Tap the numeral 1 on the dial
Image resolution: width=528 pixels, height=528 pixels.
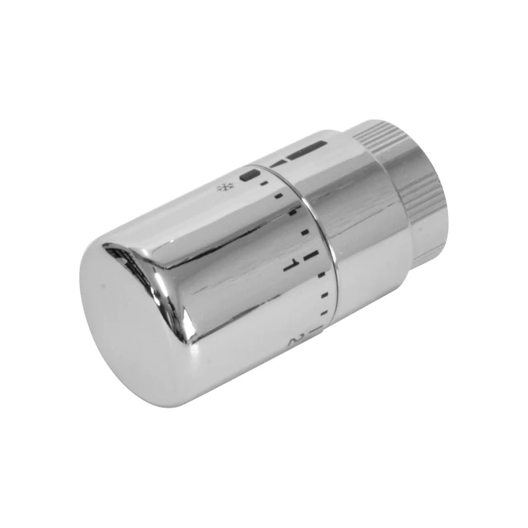coord(288,265)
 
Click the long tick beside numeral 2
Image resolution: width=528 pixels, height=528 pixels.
coord(319,327)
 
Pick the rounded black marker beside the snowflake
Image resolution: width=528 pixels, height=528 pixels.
coord(250,176)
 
